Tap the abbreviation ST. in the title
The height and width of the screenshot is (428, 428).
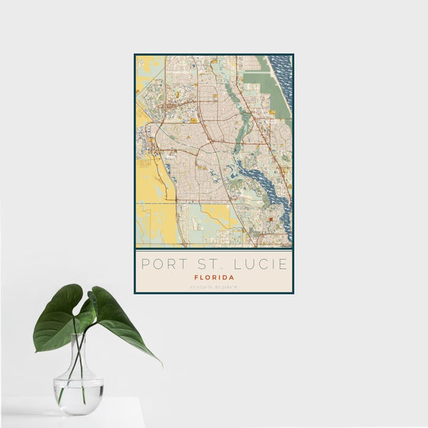(x=210, y=264)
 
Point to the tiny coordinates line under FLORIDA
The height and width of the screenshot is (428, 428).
(x=214, y=286)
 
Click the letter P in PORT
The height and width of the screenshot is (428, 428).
(x=146, y=264)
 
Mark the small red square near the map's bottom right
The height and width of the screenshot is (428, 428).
(x=270, y=218)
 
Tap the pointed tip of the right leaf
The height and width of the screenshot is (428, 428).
(x=160, y=364)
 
